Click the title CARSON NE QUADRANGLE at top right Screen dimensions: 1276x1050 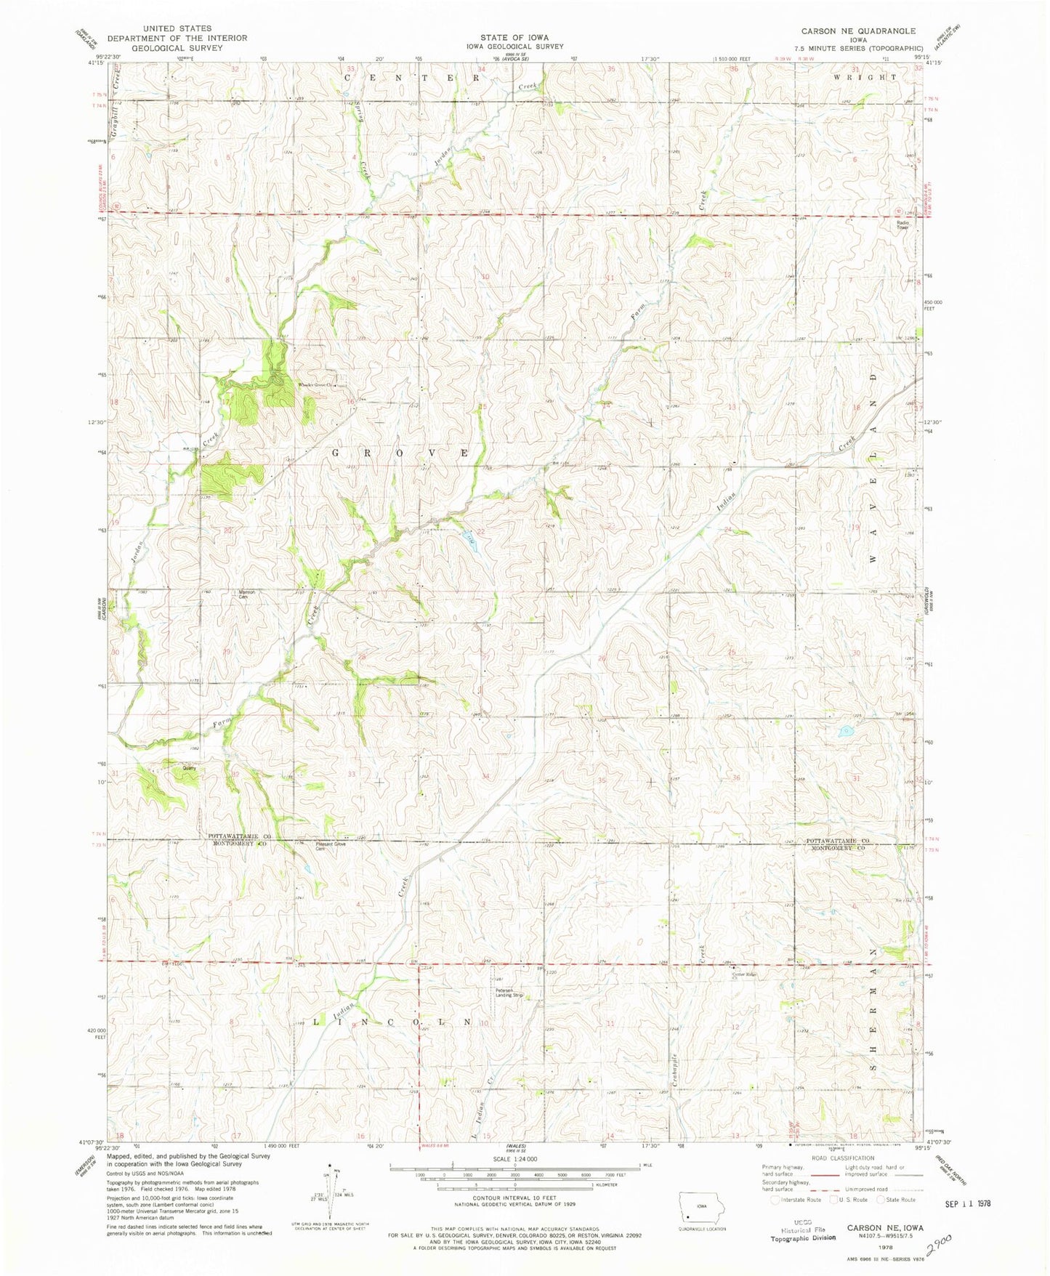(857, 31)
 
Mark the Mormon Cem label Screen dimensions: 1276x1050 (247, 594)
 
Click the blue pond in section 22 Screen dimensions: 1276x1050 (470, 539)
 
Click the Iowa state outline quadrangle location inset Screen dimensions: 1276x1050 (700, 1205)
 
